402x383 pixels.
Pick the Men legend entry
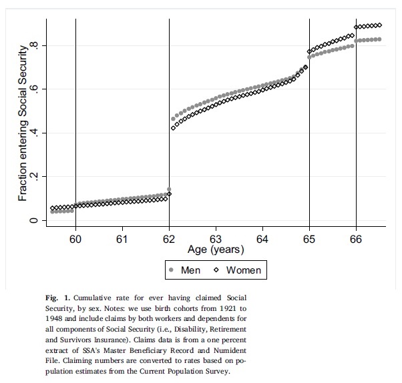click(190, 270)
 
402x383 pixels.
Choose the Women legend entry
click(244, 270)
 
